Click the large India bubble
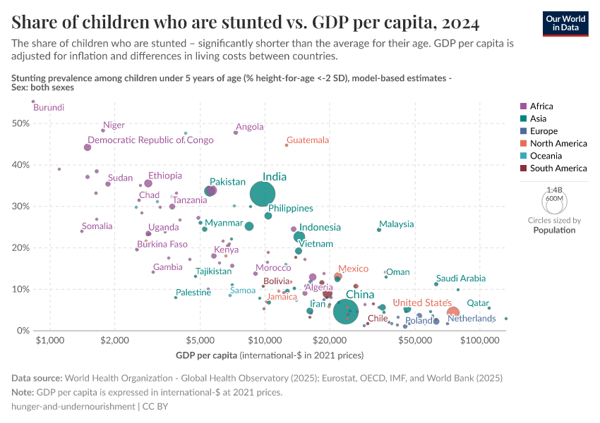263,193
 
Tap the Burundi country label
49,108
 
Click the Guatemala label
308,140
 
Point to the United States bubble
453,312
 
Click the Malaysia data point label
396,224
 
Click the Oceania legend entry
544,156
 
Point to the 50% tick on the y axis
20,123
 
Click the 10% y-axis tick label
20,289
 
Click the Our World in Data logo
567,23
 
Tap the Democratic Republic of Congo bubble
88,147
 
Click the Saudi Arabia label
460,278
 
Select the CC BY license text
155,407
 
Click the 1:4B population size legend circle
554,202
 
